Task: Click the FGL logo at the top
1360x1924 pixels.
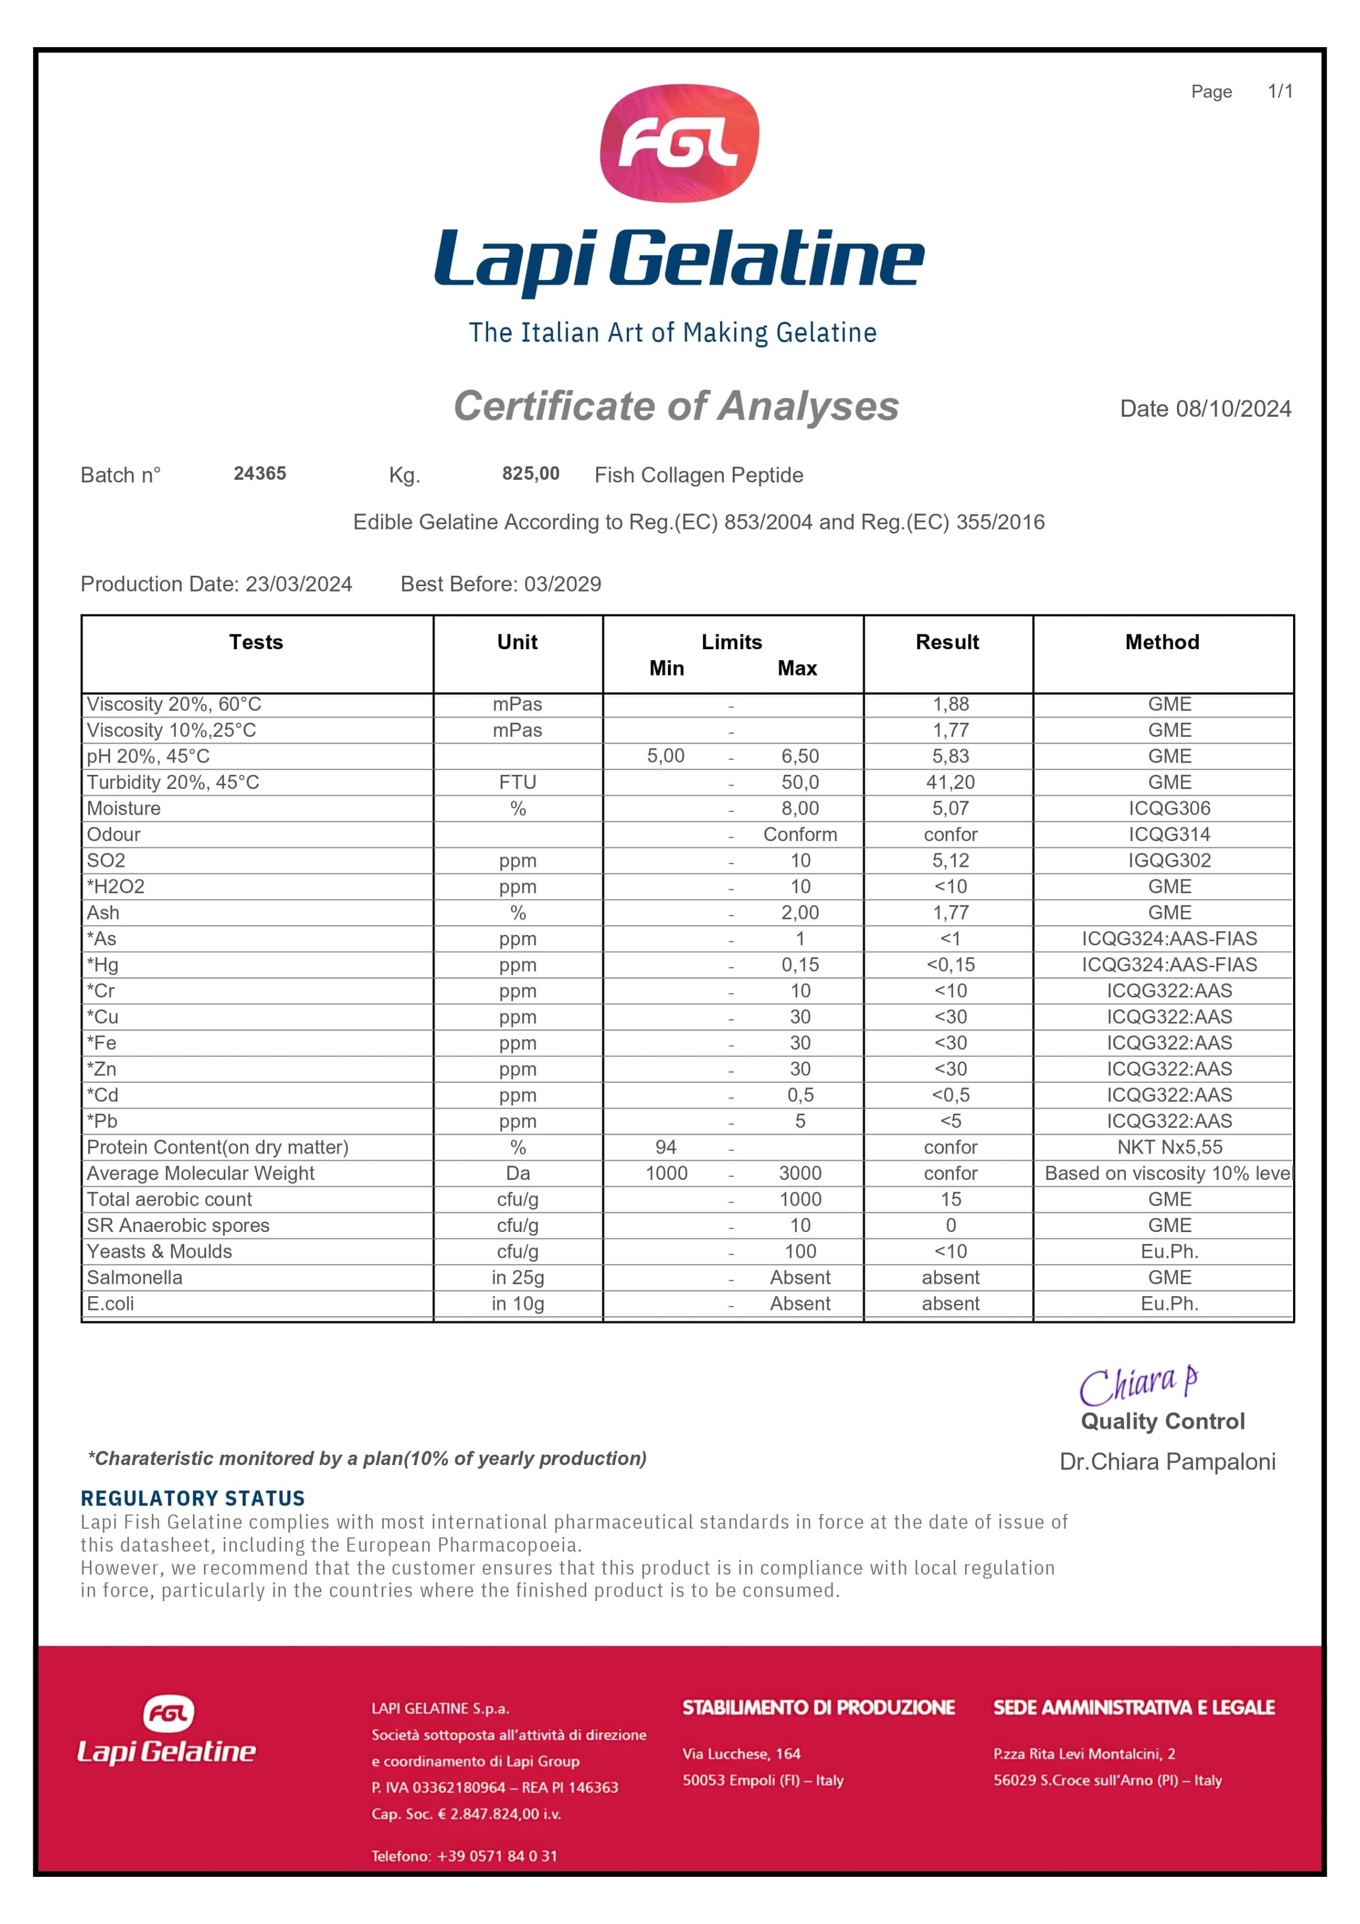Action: pyautogui.click(x=679, y=143)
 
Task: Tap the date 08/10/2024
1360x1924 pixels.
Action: pyautogui.click(x=1233, y=409)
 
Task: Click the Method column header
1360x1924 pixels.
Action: pyautogui.click(x=1161, y=642)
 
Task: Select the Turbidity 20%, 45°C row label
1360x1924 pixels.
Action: pyautogui.click(x=173, y=782)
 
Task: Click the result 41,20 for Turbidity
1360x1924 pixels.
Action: pyautogui.click(x=950, y=782)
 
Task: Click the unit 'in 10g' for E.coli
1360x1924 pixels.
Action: pyautogui.click(x=518, y=1303)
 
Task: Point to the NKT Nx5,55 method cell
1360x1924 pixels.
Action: pyautogui.click(x=1169, y=1147)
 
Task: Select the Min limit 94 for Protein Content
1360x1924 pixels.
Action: pyautogui.click(x=666, y=1147)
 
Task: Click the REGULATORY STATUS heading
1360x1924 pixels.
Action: pyautogui.click(x=192, y=1499)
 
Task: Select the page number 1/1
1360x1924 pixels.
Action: pyautogui.click(x=1279, y=92)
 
